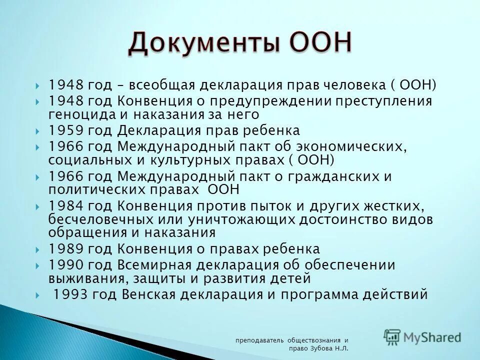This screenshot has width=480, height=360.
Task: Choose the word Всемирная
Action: tap(155, 264)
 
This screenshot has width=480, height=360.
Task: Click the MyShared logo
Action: tap(422, 337)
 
